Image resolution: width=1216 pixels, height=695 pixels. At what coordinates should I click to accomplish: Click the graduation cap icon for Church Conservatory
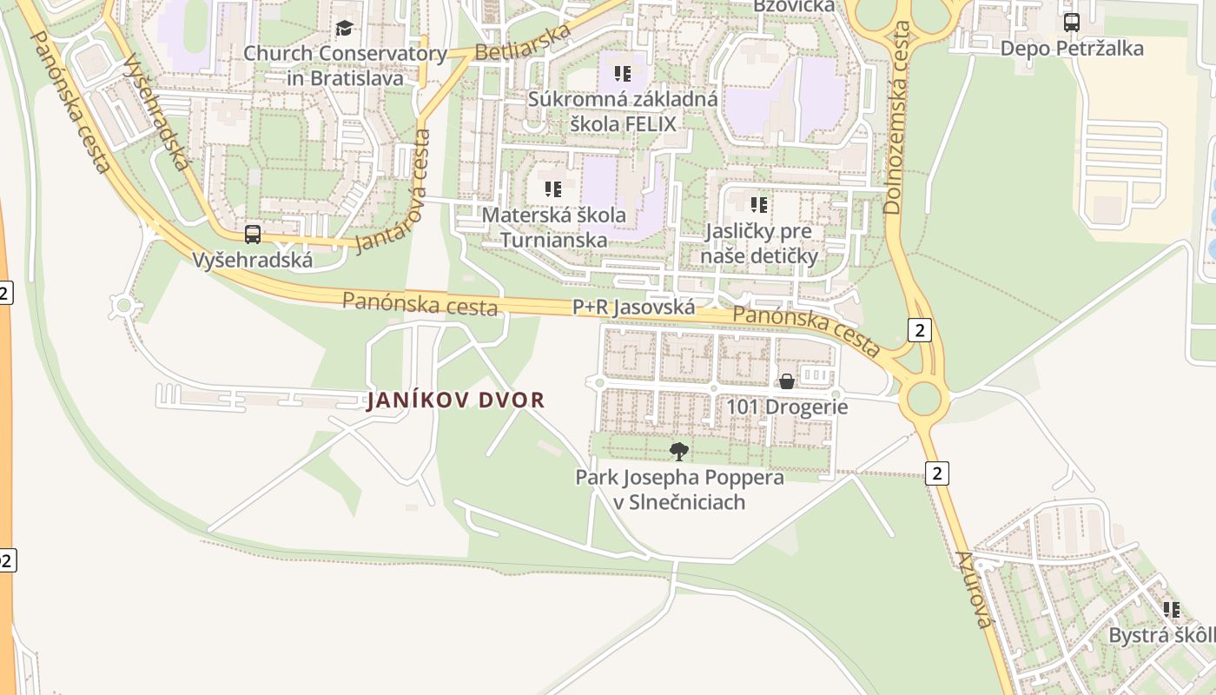coord(345,29)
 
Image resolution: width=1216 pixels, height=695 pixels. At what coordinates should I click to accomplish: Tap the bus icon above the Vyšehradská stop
coord(253,234)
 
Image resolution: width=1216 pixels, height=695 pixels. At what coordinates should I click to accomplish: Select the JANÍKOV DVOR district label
coord(456,400)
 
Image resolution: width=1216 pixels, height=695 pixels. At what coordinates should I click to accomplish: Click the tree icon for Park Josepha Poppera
coord(679,451)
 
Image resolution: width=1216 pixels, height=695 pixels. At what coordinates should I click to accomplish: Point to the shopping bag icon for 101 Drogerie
coord(787,381)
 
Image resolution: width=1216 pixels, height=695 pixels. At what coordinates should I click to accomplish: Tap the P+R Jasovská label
coord(633,307)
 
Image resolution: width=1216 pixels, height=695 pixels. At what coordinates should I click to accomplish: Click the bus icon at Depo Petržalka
coord(1072,23)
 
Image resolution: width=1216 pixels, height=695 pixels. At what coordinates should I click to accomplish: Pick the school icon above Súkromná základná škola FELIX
coord(622,73)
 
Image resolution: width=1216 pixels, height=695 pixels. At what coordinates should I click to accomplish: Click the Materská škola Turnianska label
coord(554,226)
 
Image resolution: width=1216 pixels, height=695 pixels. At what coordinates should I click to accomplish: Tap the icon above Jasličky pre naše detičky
coord(759,205)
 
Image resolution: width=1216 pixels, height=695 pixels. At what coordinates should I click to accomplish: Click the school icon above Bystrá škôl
coord(1172,610)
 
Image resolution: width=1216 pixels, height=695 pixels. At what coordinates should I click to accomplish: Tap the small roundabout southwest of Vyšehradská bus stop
coord(123,305)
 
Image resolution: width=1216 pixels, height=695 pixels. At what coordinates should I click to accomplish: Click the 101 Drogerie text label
coord(787,407)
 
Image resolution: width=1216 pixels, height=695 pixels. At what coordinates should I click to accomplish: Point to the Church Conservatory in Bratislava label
coord(345,65)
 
